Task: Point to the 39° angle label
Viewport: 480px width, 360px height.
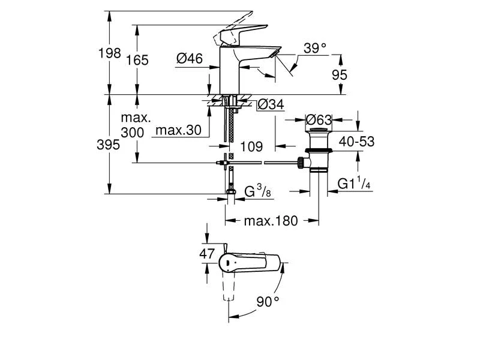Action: (x=314, y=49)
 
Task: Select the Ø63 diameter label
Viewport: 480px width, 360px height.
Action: (x=319, y=118)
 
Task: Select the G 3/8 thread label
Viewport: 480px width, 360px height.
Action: (x=255, y=192)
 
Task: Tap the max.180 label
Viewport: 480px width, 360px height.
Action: (x=271, y=221)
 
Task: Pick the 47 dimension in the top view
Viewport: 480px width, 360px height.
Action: (x=207, y=254)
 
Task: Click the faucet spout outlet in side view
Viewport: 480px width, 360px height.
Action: (x=273, y=55)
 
